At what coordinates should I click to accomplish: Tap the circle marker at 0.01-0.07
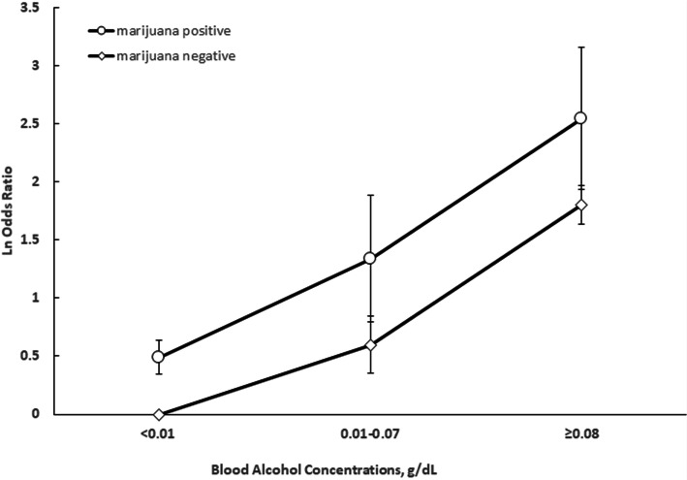point(370,258)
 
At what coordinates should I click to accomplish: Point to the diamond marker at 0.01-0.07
point(370,344)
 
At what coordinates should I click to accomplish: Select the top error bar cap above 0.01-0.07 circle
point(370,195)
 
